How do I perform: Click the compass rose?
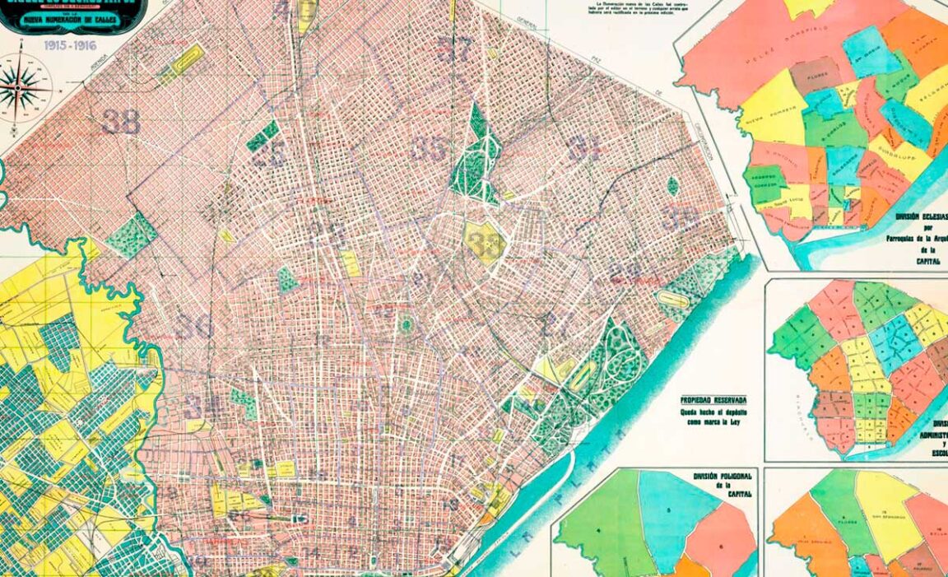[x=23, y=86]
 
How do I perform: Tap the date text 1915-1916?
[x=71, y=45]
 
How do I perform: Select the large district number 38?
[x=122, y=122]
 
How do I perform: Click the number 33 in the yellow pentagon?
[x=485, y=240]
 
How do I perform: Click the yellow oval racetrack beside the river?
[x=672, y=300]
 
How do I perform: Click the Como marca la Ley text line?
[x=713, y=422]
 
